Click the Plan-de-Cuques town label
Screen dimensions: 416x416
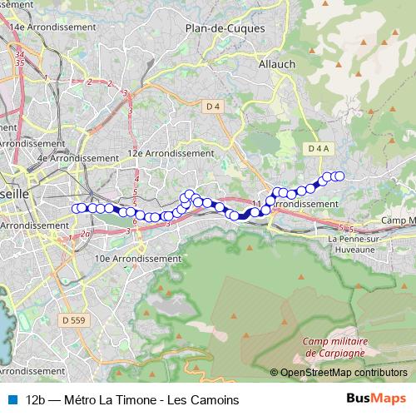225,27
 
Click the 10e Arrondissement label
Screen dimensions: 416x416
138,259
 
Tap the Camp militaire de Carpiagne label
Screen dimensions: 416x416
335,346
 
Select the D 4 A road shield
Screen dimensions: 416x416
319,148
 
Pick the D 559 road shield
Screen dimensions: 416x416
73,319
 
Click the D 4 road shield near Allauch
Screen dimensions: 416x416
213,106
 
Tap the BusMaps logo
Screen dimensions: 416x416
376,399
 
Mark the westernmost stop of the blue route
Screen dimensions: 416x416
77,209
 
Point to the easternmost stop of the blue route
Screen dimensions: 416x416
339,176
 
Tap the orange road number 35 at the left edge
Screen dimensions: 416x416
19,62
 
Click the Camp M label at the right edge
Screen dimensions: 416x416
398,220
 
